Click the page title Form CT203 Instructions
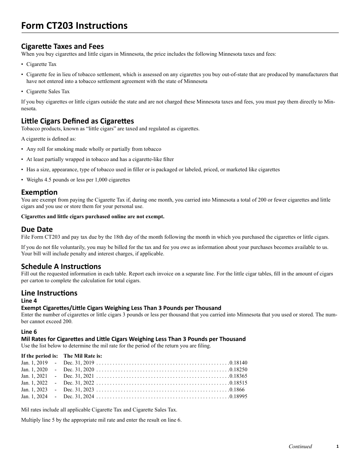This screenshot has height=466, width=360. click(74, 26)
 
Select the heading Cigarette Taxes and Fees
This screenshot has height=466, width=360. click(62, 46)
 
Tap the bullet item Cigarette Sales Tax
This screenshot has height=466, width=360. click(48, 91)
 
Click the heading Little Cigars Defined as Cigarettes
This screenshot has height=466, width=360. click(77, 121)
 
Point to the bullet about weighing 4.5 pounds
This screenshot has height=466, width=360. click(78, 180)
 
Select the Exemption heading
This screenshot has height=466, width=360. click(39, 192)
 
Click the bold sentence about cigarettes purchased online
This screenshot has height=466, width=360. click(93, 216)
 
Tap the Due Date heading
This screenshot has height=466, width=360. click(37, 229)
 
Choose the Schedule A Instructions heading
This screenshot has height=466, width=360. click(61, 266)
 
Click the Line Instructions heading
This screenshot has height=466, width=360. click(49, 293)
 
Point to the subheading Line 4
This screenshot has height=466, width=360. click(29, 301)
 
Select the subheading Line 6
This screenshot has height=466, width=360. click(29, 332)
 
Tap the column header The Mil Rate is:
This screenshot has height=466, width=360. click(83, 356)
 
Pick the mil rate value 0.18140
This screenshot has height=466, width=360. click(238, 363)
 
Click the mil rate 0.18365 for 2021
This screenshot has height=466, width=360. click(238, 376)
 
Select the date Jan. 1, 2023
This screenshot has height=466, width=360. click(34, 389)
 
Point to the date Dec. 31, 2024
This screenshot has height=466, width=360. click(79, 396)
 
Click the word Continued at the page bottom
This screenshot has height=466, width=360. click(300, 446)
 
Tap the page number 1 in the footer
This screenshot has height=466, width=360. click(337, 446)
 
